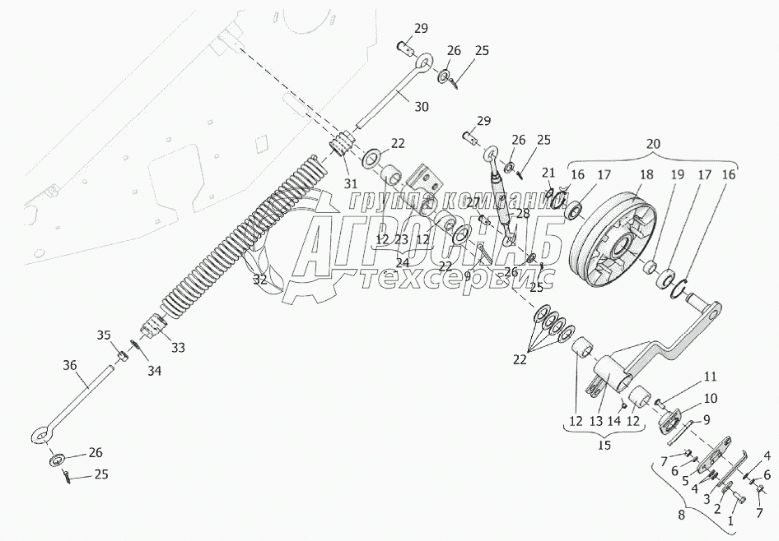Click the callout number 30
tap(421, 107)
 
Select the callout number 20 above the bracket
tap(652, 143)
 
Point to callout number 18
tap(645, 174)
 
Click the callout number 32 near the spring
tap(260, 280)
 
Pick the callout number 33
tap(178, 347)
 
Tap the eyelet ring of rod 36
tap(40, 433)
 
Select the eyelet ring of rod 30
tap(424, 61)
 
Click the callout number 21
tap(548, 171)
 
